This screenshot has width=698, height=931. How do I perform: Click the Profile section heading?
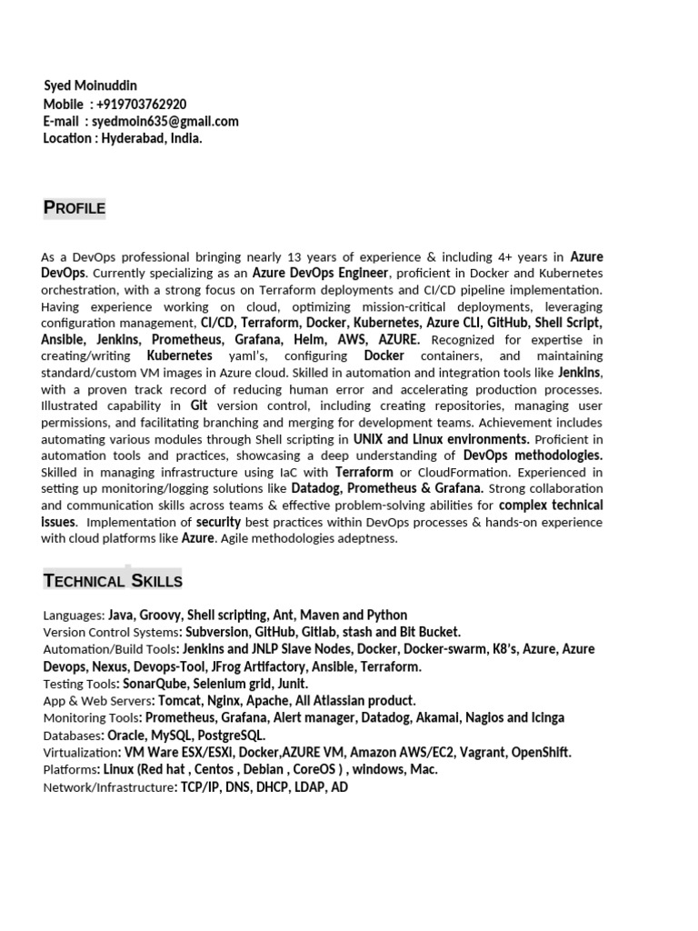(75, 208)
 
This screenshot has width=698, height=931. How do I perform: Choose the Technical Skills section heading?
(113, 580)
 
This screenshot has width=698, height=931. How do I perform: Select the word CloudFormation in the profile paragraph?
(469, 472)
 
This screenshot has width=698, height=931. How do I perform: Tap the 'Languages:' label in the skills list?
(74, 616)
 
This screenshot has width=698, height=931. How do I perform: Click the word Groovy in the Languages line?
(161, 616)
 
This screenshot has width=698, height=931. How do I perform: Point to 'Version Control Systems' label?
(110, 632)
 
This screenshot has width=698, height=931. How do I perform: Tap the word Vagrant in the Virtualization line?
(480, 753)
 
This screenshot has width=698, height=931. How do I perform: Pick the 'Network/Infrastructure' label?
(107, 787)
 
